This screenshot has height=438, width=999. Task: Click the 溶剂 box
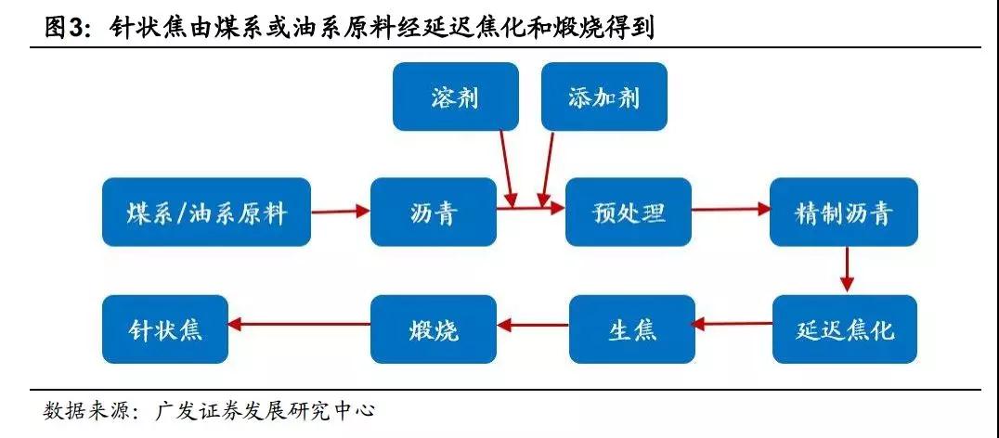click(454, 97)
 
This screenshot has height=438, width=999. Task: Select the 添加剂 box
click(604, 97)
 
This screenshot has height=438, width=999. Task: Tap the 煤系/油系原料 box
click(206, 213)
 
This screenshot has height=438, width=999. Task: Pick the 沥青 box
click(433, 213)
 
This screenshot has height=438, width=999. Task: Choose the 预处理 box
click(629, 213)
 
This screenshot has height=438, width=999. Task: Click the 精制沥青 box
click(844, 213)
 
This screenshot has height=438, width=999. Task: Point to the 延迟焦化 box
click(844, 328)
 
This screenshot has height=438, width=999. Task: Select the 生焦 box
click(632, 328)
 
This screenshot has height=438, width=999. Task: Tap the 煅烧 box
click(433, 328)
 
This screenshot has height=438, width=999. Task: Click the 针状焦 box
click(165, 328)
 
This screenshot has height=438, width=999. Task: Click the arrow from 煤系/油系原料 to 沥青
click(340, 213)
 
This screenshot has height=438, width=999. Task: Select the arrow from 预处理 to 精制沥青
click(731, 211)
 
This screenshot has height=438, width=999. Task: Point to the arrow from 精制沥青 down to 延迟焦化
click(846, 270)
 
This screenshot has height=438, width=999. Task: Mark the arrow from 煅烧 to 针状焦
click(299, 325)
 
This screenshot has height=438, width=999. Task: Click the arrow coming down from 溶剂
click(506, 167)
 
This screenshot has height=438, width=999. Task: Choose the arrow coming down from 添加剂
click(548, 167)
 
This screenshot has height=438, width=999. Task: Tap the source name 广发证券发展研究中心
click(266, 409)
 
